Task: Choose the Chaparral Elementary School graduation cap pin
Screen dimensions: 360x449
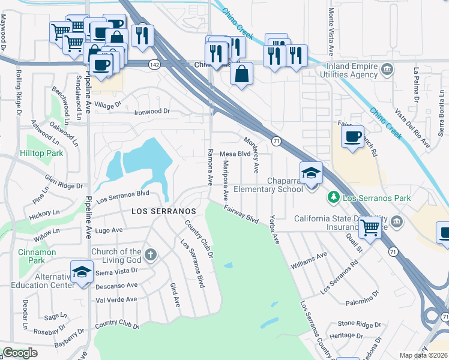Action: tap(311, 173)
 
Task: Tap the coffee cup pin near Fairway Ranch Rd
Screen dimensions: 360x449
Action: tap(353, 136)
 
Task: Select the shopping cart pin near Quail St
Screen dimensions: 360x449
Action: tap(370, 227)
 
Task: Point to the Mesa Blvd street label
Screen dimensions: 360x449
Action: tap(235, 154)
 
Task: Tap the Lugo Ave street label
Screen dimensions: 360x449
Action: tap(109, 230)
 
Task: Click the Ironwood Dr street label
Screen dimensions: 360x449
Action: tap(152, 112)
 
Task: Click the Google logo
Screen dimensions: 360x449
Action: tap(20, 353)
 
